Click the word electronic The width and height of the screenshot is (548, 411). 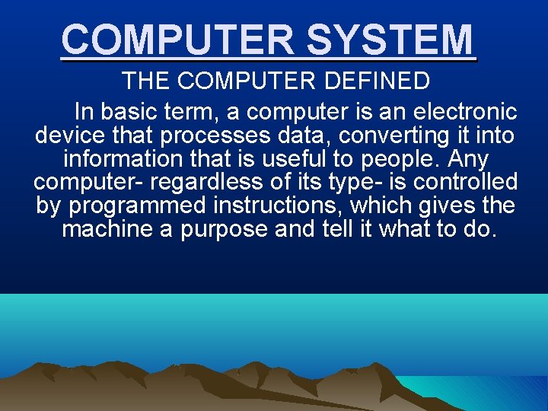coord(465,113)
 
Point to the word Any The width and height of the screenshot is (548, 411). coord(468,161)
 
